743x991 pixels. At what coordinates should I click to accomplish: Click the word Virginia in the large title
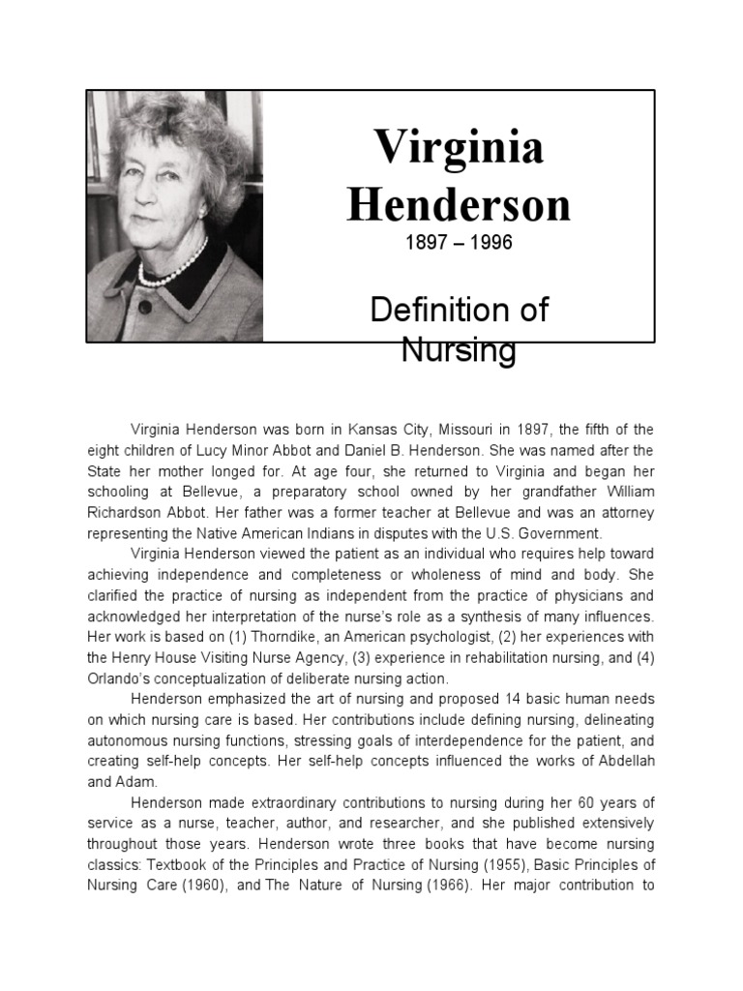[459, 148]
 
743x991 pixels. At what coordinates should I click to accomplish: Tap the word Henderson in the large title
[459, 204]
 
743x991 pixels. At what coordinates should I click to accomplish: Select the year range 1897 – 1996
[459, 243]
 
